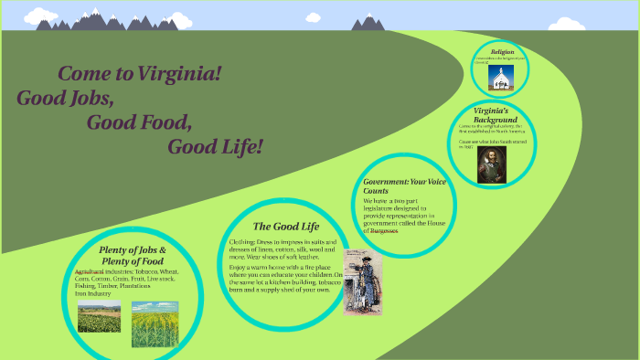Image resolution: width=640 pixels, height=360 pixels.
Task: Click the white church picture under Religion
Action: coord(500,78)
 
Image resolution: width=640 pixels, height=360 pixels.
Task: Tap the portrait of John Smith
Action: coord(491,164)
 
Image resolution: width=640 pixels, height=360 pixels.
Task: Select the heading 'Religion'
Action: coord(503,52)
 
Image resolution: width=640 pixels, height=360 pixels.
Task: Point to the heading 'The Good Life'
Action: coord(285,226)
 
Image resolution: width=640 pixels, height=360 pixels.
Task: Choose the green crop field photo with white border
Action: coord(99,316)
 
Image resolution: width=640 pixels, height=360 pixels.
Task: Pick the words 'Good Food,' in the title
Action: coord(139,122)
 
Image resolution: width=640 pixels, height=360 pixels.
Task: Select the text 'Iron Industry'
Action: coord(93,293)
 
